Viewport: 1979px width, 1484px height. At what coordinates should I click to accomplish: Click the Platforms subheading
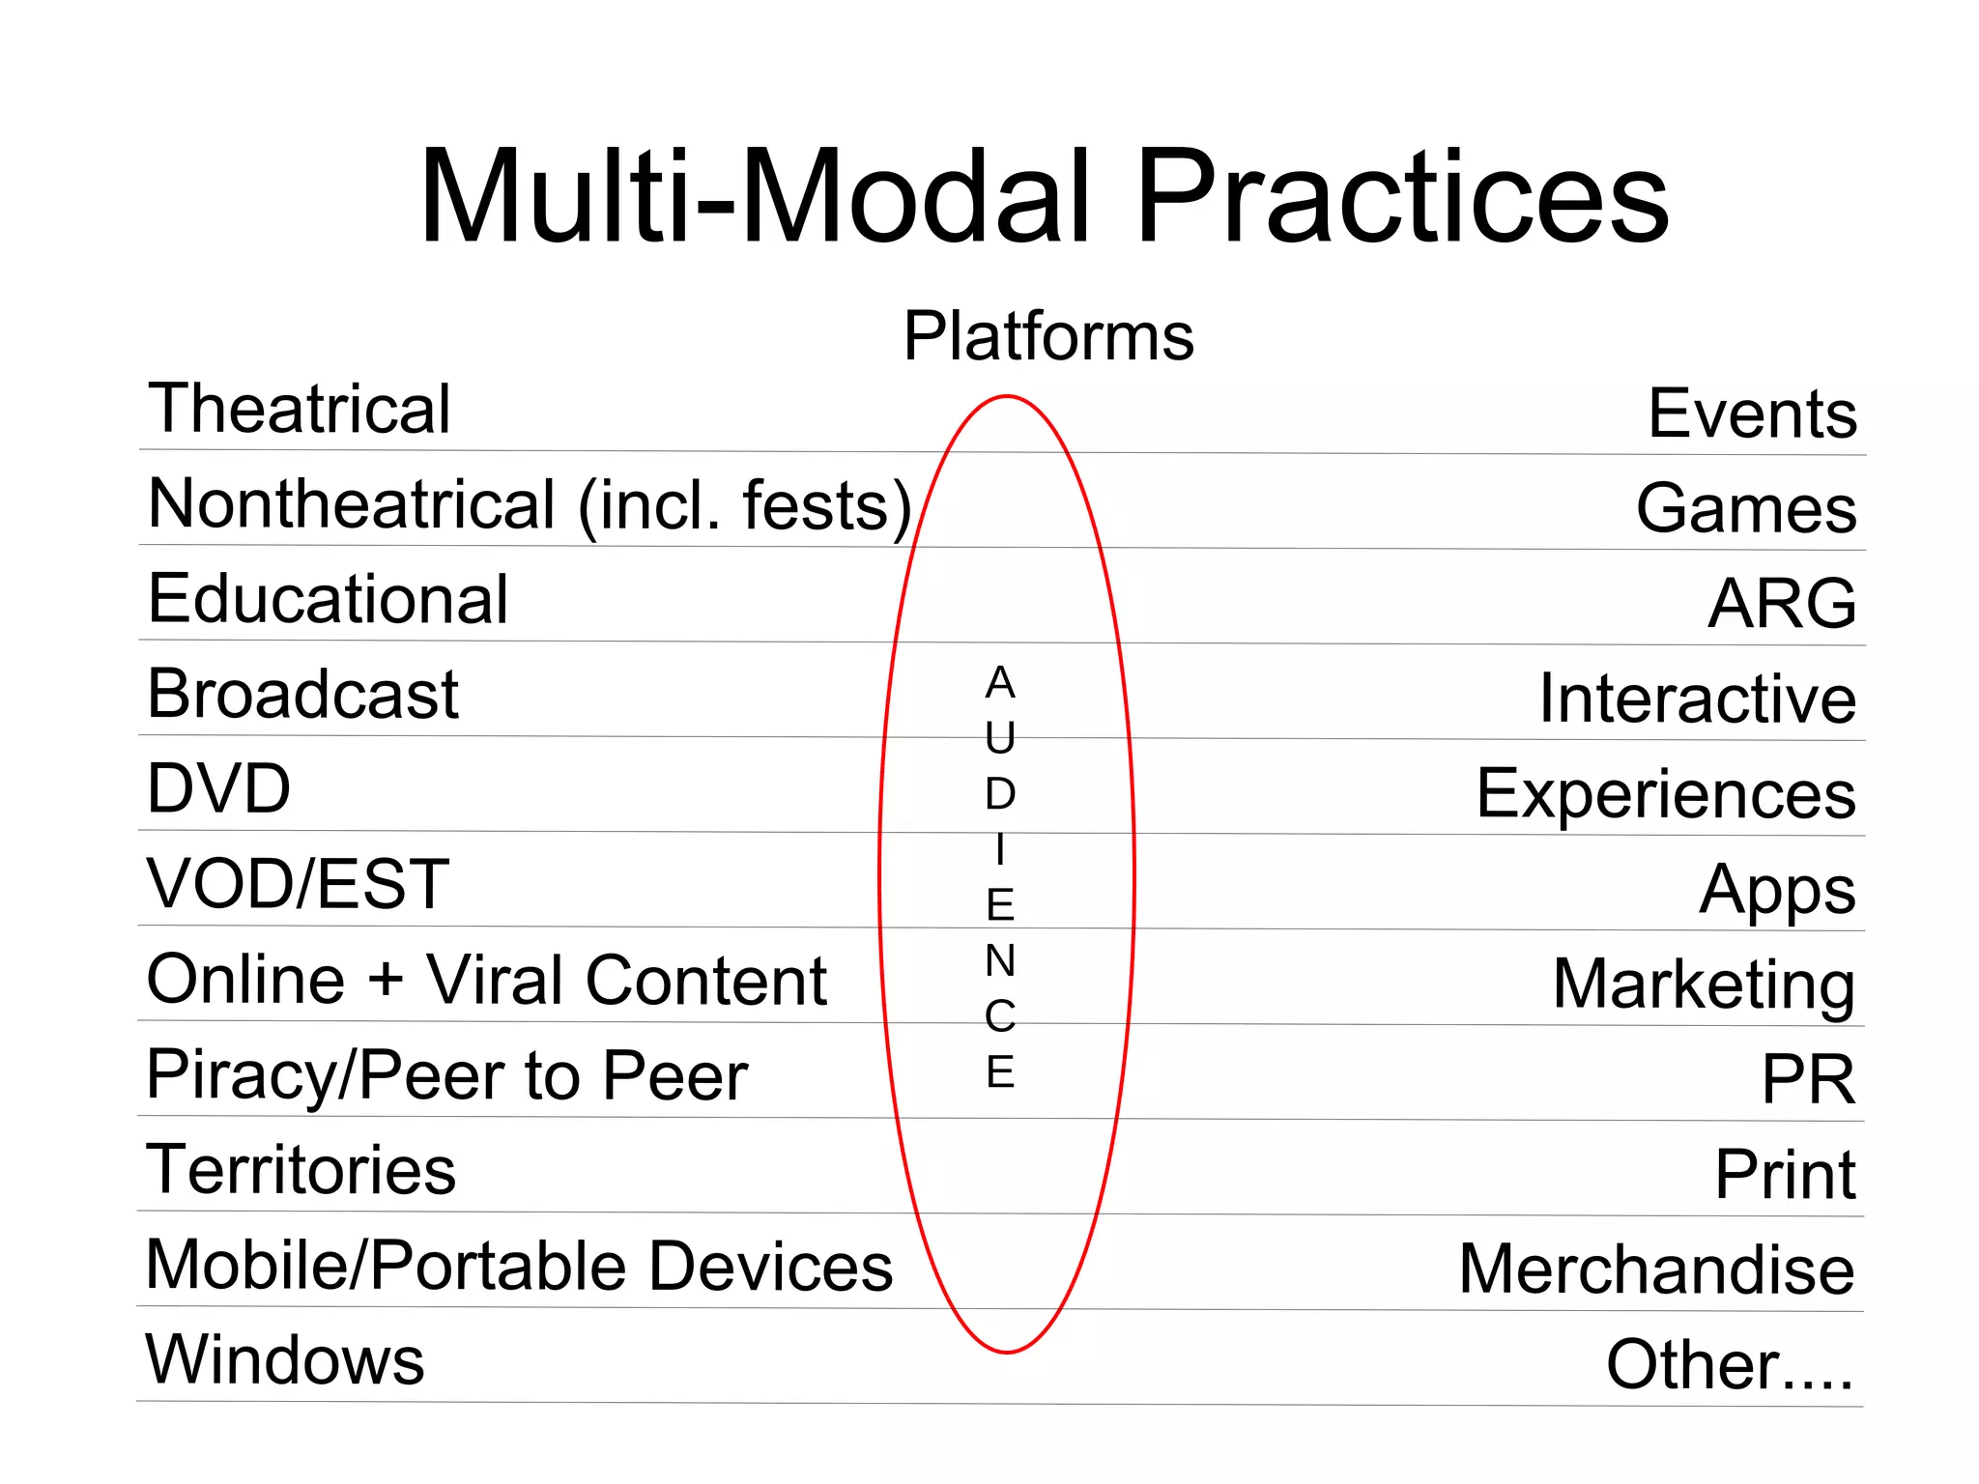[x=1048, y=336]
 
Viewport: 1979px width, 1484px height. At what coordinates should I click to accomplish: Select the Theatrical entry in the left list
[x=299, y=409]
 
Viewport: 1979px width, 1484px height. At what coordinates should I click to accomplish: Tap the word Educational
[x=328, y=599]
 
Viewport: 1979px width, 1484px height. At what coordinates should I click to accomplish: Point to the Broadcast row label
[x=302, y=694]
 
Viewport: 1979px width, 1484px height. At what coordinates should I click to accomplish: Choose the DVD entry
[x=218, y=789]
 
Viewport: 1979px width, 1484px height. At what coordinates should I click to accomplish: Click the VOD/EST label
[x=298, y=884]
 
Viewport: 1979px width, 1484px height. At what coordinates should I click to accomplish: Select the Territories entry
[x=301, y=1170]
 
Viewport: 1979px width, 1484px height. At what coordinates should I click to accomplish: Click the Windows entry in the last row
[x=285, y=1360]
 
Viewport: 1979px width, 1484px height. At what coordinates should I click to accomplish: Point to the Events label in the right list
[x=1752, y=414]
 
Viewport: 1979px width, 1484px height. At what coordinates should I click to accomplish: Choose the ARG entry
[x=1782, y=604]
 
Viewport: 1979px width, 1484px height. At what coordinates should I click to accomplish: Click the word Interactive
[x=1697, y=699]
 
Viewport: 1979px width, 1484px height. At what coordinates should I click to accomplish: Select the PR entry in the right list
[x=1808, y=1080]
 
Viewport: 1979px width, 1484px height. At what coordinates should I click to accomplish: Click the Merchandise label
[x=1656, y=1270]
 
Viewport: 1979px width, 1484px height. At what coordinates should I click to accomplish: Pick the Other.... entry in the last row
[x=1730, y=1365]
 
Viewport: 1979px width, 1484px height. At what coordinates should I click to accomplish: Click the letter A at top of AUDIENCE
[x=1000, y=683]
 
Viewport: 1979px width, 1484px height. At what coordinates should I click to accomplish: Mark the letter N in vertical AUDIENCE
[x=1000, y=960]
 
